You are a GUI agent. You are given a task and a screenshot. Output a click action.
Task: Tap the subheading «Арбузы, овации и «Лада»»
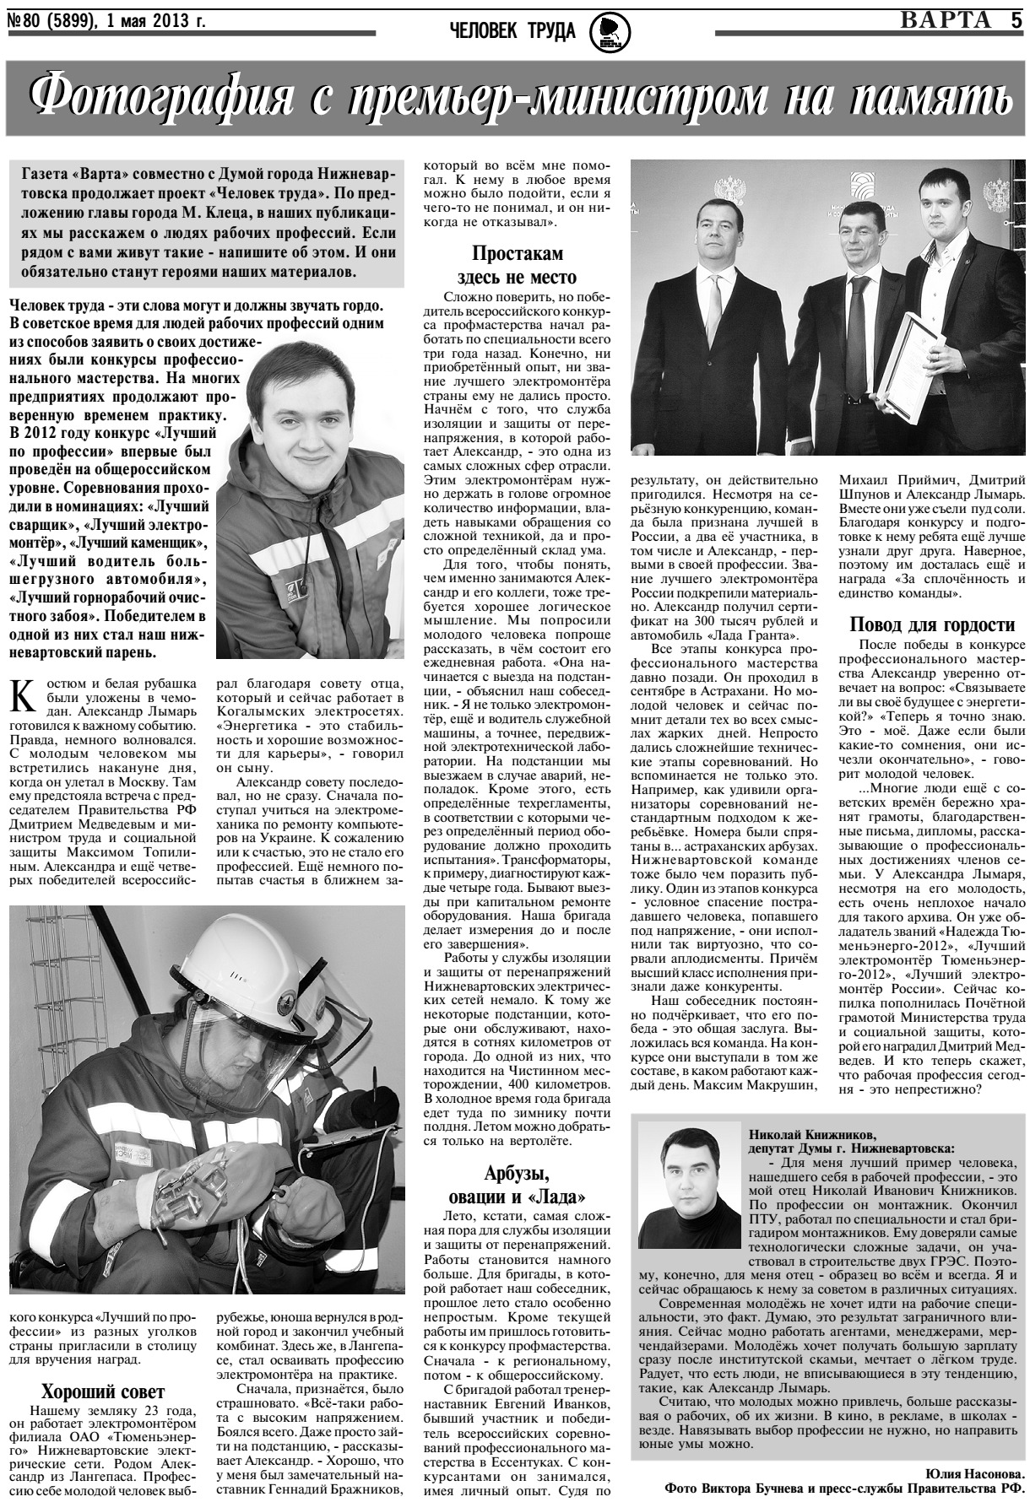(x=517, y=1184)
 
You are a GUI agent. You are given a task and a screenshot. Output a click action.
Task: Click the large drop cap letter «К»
(x=25, y=697)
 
